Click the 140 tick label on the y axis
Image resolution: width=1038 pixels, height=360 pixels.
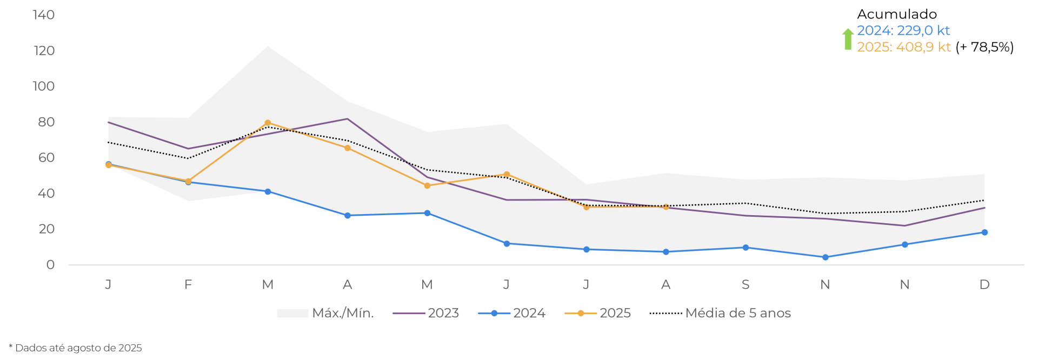43,15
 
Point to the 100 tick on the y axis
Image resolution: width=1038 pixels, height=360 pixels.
43,86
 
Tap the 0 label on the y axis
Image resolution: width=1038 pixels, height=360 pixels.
50,265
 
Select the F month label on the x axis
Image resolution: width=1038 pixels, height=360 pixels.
188,285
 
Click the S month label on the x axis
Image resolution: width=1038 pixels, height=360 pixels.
746,285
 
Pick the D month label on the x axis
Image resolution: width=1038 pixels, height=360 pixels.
984,285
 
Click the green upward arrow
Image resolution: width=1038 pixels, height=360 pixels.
848,39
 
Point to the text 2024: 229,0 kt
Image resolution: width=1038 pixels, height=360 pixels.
903,31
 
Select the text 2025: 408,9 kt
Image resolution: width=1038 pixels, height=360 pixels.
903,48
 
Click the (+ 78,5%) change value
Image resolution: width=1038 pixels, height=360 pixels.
984,48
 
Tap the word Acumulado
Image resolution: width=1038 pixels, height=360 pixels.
897,15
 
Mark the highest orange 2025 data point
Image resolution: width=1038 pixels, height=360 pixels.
268,123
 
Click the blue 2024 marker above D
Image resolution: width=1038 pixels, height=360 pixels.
984,232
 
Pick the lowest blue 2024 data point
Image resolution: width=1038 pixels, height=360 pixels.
825,258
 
